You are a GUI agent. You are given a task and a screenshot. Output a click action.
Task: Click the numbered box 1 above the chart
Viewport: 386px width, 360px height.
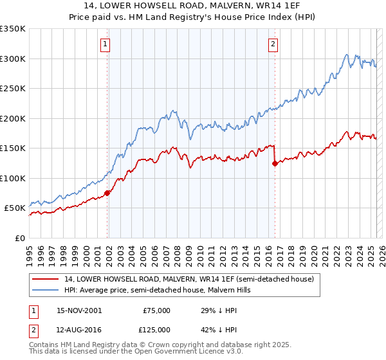(105, 44)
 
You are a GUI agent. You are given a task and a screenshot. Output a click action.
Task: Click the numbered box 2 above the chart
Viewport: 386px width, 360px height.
(273, 44)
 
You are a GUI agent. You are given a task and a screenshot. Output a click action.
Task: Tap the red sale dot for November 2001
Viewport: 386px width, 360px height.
(107, 192)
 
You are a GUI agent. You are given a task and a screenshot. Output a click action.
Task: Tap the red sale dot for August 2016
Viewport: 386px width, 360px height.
(275, 163)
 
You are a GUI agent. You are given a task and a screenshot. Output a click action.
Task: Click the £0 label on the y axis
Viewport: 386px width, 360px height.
(19, 238)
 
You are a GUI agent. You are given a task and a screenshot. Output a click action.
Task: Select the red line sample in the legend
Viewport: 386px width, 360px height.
(45, 279)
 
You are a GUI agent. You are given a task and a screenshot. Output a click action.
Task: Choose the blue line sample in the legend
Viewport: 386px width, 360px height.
(45, 290)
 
